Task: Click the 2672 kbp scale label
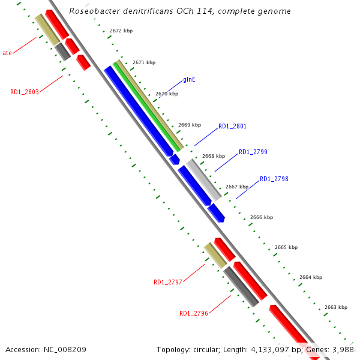coord(121,30)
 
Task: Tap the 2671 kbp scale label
coord(144,62)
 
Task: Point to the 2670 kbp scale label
coord(167,94)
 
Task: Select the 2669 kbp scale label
coord(190,125)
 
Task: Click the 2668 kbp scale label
coord(213,156)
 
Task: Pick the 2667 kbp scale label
coord(236,187)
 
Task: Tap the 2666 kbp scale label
coord(262,217)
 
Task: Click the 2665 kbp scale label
coord(286,247)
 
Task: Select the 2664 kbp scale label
coord(311,277)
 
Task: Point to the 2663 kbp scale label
coord(335,307)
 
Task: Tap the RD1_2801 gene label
coord(232,126)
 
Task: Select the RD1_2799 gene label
coord(253,152)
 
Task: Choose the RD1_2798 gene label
coord(274,179)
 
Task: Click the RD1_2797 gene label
coord(168,282)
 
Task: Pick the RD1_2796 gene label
coord(193,313)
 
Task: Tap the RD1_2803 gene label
coord(25,92)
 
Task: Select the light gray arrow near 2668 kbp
coord(203,179)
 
